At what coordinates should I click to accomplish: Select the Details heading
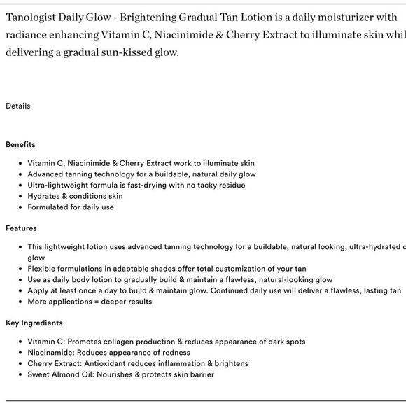(18, 106)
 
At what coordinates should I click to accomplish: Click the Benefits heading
(20, 145)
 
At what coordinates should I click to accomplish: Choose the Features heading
(21, 228)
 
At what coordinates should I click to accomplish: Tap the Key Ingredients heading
(34, 323)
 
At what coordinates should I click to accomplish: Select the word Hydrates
(43, 196)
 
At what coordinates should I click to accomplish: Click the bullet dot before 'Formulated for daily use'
(19, 207)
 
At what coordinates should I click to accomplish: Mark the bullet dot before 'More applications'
(19, 302)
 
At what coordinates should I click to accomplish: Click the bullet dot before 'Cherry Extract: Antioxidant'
(19, 364)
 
